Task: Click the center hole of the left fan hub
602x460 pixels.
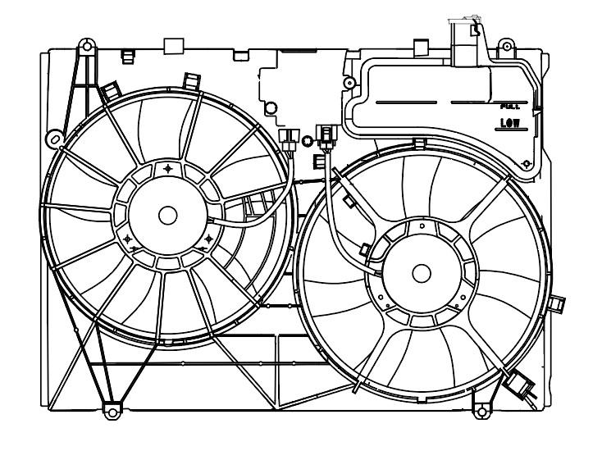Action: point(168,216)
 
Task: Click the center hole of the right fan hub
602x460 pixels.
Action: point(422,272)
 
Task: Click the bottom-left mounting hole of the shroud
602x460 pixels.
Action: point(109,408)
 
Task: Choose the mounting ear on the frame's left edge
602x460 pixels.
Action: point(52,137)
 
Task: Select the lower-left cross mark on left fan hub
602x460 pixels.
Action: point(130,239)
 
